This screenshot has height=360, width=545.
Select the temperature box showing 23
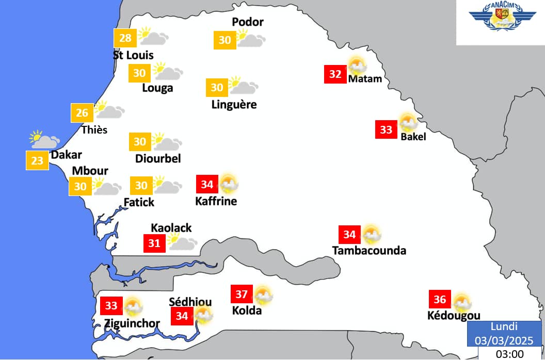click(37, 161)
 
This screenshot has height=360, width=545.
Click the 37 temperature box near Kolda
click(242, 294)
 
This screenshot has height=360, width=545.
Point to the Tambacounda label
click(369, 251)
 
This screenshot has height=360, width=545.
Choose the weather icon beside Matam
click(357, 66)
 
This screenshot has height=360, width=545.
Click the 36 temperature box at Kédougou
click(440, 300)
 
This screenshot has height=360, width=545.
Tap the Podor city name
click(248, 22)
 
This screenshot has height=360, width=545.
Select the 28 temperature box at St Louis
click(125, 38)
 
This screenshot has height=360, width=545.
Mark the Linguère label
click(234, 105)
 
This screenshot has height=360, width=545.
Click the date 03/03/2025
click(504, 340)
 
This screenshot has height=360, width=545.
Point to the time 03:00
click(509, 354)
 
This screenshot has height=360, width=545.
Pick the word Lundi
click(504, 326)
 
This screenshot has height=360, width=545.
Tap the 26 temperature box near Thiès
click(82, 112)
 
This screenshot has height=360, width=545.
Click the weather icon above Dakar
click(44, 139)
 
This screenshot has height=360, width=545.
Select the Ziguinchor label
click(132, 323)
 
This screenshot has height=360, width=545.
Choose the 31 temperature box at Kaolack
click(154, 243)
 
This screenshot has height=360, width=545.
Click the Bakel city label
click(413, 137)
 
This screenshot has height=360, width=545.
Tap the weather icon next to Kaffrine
click(229, 184)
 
